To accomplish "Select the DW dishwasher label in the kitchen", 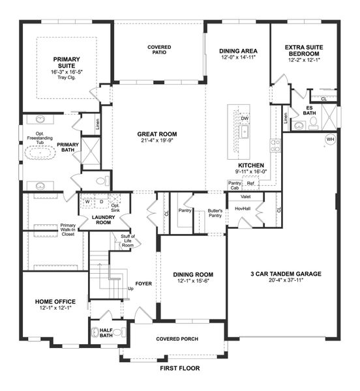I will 245,118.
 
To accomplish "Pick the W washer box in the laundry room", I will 87,201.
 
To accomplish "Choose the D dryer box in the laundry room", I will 100,201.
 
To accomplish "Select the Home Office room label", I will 55,302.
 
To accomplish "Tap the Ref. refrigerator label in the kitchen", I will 250,184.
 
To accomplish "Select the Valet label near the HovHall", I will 247,196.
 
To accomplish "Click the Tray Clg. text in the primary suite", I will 65,79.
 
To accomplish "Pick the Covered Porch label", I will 177,340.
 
